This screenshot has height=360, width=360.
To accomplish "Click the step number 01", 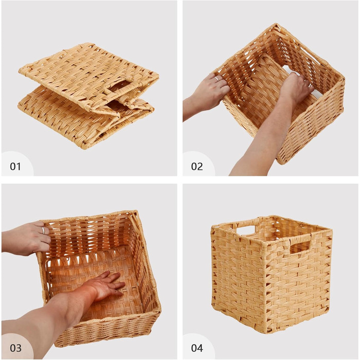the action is point(15,167).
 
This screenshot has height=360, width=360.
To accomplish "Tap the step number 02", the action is point(197,167).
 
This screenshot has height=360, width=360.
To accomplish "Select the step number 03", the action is point(15,348).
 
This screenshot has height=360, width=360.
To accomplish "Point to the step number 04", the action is point(197,348).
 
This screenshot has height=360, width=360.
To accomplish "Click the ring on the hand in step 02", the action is point(217,79).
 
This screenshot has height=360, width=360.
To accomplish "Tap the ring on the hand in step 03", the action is point(43,230).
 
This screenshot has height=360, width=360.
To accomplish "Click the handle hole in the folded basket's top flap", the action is point(119,86).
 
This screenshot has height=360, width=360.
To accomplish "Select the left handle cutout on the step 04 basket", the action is point(246,230).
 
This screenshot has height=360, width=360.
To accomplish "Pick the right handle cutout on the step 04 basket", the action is point(300,247).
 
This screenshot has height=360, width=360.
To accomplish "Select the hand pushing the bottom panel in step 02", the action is point(296,87).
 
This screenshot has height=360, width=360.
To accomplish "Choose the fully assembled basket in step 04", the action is point(272,274).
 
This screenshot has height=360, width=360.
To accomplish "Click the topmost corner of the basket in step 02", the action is point(277,24).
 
